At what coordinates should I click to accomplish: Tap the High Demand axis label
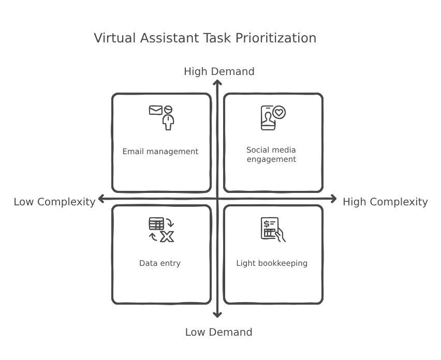pos(219,71)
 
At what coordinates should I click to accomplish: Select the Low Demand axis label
pos(218,332)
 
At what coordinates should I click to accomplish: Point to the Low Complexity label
pos(54,202)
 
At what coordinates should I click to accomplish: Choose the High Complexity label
pos(385,202)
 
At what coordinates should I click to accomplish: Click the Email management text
pos(160,152)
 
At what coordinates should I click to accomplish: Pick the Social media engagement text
pos(271,155)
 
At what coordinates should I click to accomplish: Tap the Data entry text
pos(160,263)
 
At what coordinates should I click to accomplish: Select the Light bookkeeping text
pos(272,263)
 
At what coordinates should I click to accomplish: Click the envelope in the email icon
pos(155,110)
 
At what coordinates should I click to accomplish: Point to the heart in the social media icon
pos(280,112)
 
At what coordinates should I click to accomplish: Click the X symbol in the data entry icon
pos(167,237)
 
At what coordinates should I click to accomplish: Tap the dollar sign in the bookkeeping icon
pos(266,224)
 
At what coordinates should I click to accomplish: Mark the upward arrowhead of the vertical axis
pos(218,83)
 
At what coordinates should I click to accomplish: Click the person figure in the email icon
pos(168,118)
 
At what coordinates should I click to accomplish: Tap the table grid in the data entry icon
pos(156,224)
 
